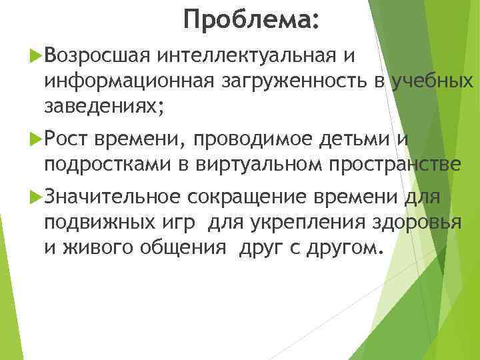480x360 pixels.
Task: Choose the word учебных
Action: tap(433, 81)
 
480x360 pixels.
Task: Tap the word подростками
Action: tap(107, 163)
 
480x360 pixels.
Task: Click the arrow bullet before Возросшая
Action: tap(37, 58)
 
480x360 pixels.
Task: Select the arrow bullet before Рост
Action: tap(37, 139)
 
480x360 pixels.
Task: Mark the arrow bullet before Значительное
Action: tap(37, 197)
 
